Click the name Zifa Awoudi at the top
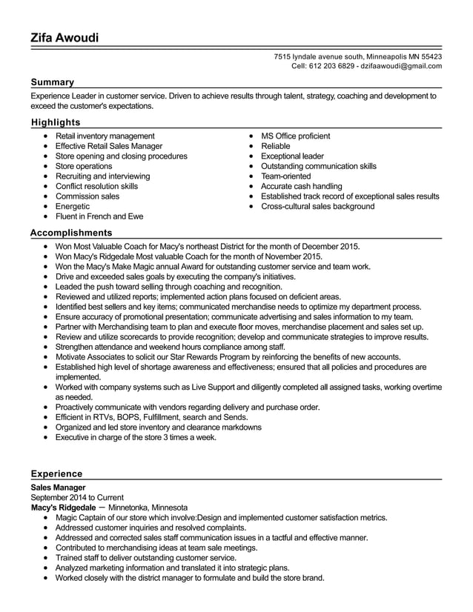[64, 38]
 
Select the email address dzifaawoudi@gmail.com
[401, 66]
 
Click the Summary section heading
[52, 82]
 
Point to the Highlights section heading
[56, 122]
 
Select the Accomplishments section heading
[71, 233]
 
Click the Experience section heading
[57, 473]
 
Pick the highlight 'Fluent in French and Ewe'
[99, 217]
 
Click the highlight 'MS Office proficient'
[295, 136]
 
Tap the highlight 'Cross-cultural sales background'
[317, 207]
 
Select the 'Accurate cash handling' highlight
[301, 187]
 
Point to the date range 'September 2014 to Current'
[77, 497]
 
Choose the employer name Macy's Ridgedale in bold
[63, 508]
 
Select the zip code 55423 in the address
[427, 56]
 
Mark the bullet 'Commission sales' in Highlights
[87, 196]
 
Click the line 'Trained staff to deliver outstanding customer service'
[146, 558]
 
